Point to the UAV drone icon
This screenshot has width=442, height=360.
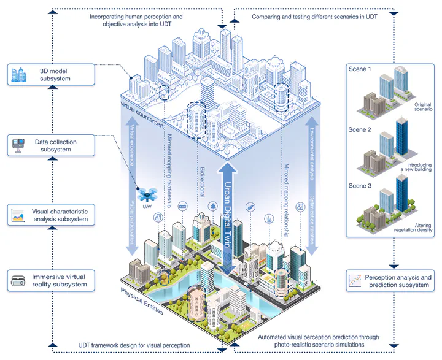tap(147, 195)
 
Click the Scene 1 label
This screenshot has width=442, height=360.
tap(360, 69)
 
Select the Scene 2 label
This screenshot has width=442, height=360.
tap(360, 130)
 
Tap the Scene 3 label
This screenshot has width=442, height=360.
tap(360, 185)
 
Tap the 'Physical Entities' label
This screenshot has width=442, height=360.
tap(142, 301)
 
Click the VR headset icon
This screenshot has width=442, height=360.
tap(19, 281)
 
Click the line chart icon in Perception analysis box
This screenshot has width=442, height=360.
tap(354, 281)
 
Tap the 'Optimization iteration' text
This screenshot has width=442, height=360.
tap(312, 217)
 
